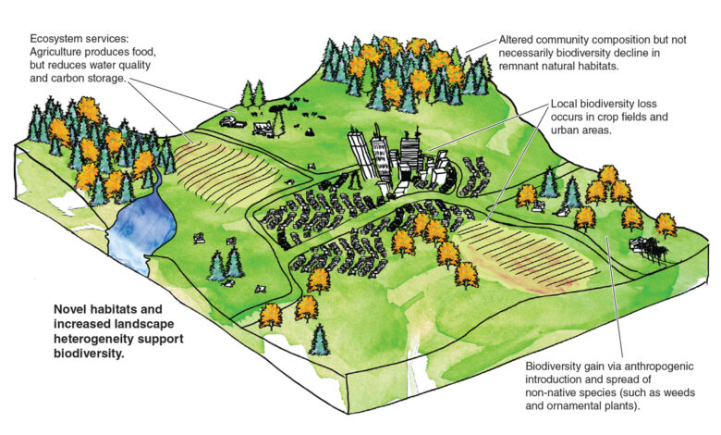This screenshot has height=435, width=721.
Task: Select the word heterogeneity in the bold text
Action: coord(92,340)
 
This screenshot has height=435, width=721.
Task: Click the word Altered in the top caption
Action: coord(516,40)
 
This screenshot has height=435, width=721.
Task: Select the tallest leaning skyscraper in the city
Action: coord(359,155)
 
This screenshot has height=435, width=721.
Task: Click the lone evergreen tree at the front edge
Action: coord(320,340)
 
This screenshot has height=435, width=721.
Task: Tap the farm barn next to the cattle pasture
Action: coord(263,129)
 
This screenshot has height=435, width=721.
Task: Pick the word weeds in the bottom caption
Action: coord(680,393)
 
